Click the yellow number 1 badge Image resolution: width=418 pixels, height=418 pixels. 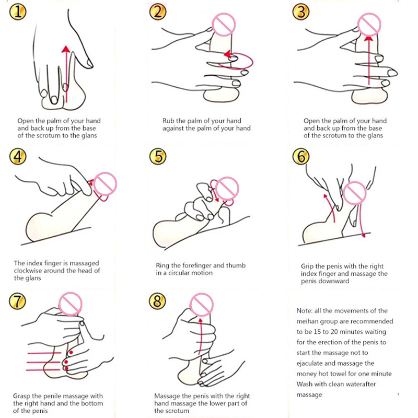click(18, 12)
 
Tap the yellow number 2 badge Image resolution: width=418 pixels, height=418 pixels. click(158, 12)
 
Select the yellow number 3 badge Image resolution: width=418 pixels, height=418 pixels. click(301, 12)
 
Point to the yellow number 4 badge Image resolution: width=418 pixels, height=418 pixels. click(18, 156)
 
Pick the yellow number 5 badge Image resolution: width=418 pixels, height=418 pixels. click(158, 156)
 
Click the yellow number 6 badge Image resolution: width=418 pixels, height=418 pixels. click(301, 156)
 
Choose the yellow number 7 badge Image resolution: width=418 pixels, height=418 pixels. click(18, 301)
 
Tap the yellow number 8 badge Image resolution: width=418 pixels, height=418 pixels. click(157, 301)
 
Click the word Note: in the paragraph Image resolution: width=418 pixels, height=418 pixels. click(305, 311)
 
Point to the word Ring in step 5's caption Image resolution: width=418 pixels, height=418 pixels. click(162, 266)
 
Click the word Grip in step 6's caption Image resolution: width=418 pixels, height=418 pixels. click(307, 266)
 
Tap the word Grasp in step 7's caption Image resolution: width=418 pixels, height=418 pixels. click(21, 396)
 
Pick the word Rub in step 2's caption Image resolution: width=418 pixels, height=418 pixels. click(168, 121)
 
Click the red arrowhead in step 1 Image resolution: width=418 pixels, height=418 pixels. click(66, 49)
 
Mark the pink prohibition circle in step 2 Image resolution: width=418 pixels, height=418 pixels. click(224, 25)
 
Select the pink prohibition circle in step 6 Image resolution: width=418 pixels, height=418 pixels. click(355, 193)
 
